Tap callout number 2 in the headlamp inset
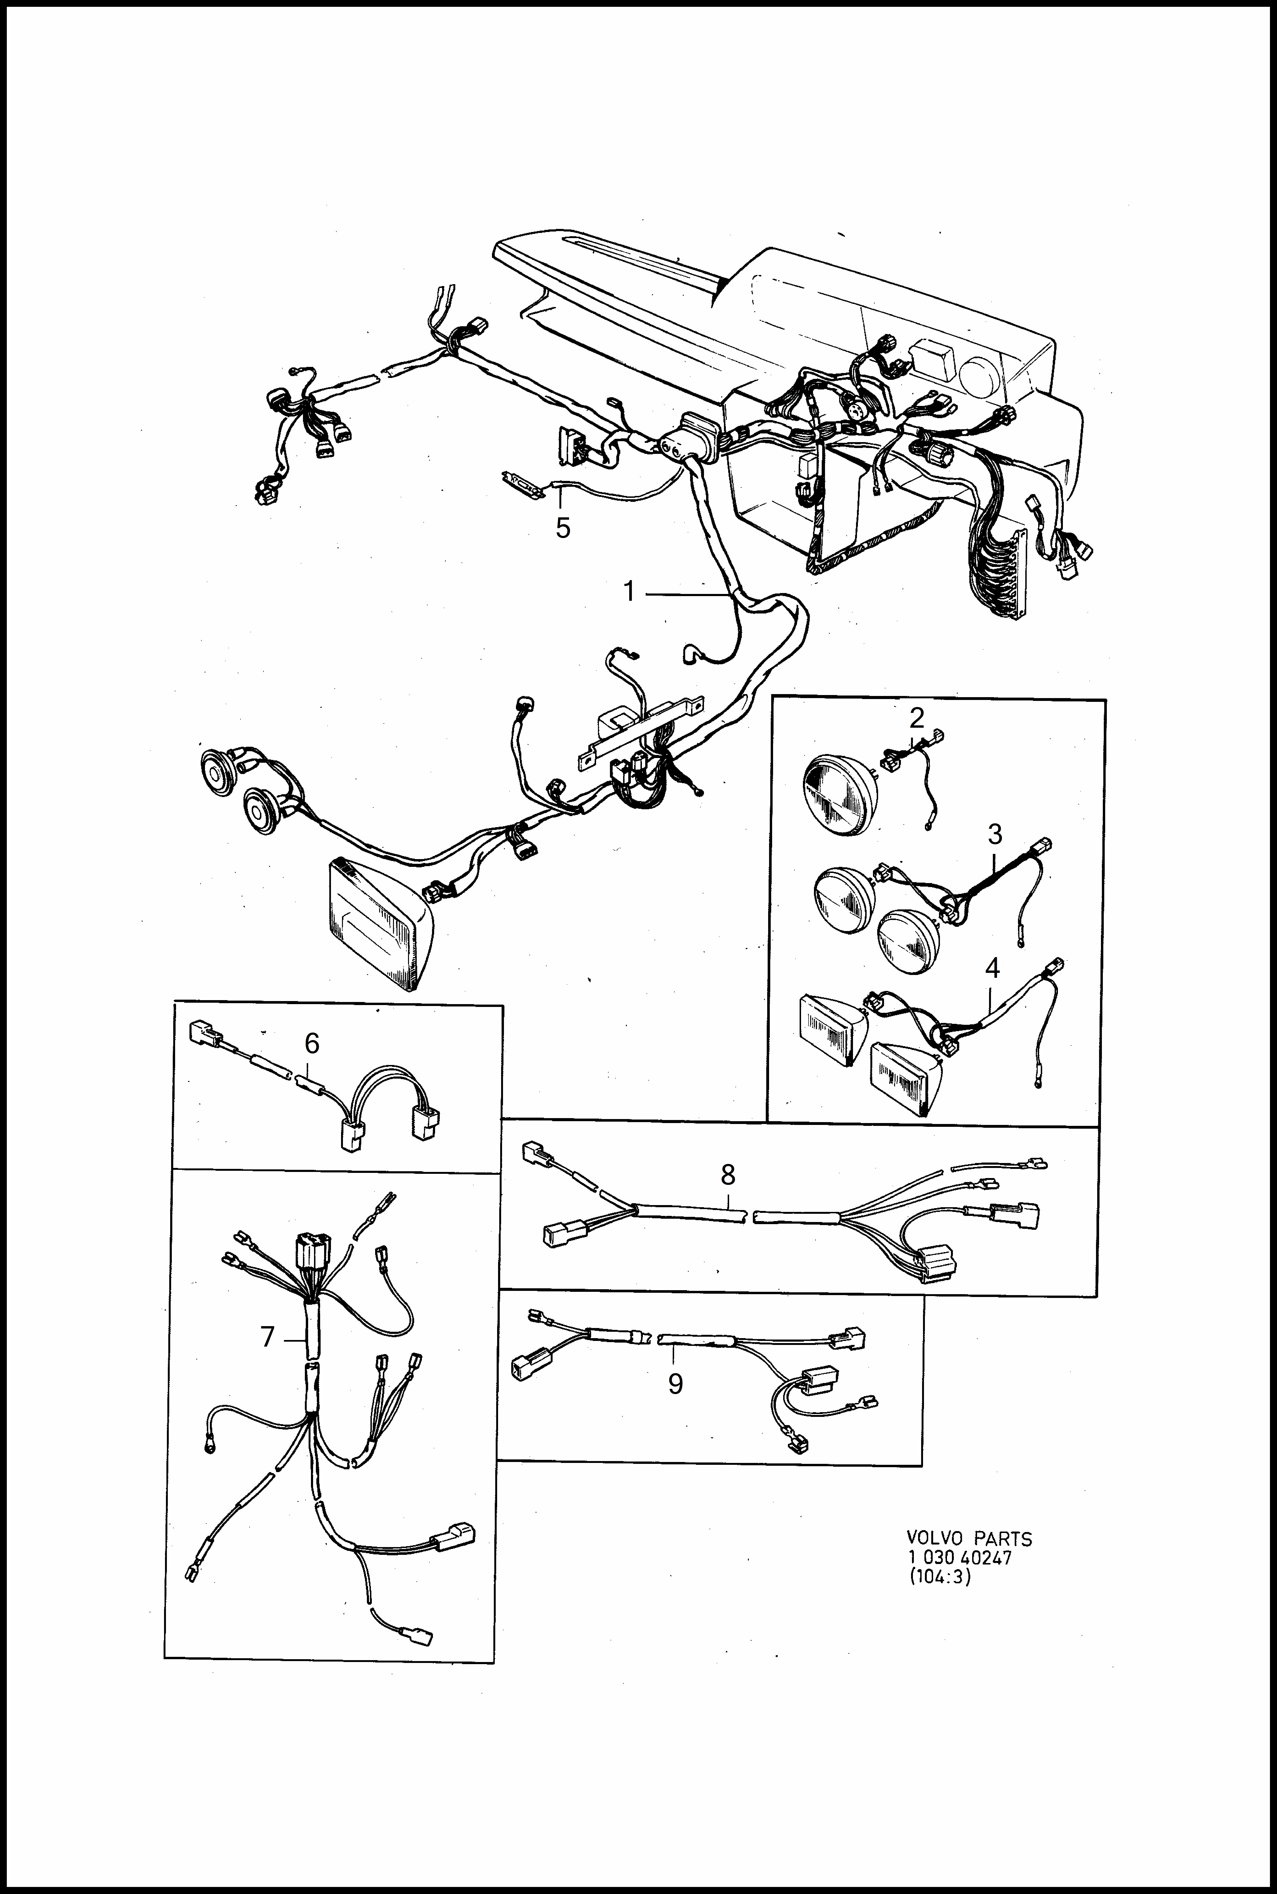point(917,718)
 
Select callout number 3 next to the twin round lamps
point(994,835)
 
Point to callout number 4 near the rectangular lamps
point(992,968)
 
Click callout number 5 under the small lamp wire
point(563,528)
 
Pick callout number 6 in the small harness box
point(312,1043)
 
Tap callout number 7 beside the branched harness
point(267,1337)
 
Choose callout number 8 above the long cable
point(728,1175)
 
